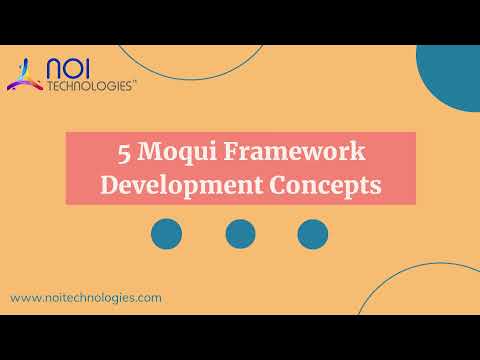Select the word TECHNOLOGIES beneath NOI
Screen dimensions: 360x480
[89, 87]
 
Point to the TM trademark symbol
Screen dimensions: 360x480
[135, 84]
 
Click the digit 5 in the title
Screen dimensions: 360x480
[123, 153]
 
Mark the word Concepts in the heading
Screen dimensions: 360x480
[317, 185]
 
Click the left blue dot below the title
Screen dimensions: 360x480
[166, 234]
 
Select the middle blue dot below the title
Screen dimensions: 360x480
[240, 234]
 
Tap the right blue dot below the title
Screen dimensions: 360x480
[313, 234]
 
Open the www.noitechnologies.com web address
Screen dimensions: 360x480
[86, 298]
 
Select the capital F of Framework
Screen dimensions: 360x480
[232, 153]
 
